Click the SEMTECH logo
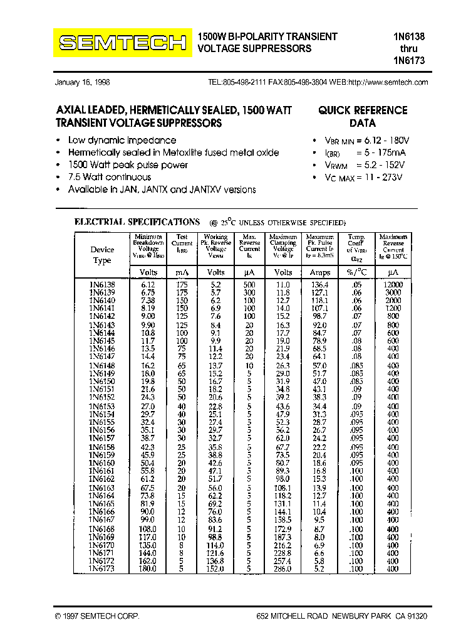(122, 43)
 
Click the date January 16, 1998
(83, 82)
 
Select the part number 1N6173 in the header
(409, 60)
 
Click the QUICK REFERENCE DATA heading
(362, 117)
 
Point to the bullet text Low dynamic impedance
(122, 141)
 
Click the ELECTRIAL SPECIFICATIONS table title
(137, 221)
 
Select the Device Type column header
(102, 255)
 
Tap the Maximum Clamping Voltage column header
(283, 248)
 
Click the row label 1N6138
(102, 284)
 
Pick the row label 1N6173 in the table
(102, 568)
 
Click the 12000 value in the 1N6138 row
(393, 284)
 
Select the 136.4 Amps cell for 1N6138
(319, 284)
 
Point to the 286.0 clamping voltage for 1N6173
(283, 568)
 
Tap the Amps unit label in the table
(319, 272)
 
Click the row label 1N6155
(102, 422)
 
